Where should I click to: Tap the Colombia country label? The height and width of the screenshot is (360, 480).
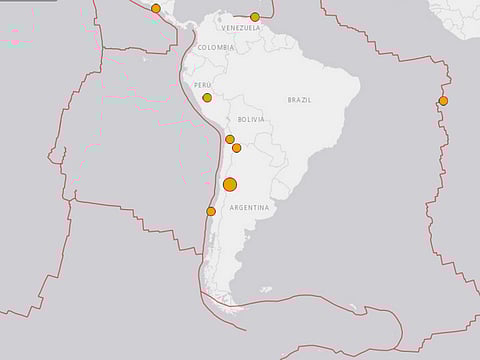point(217,47)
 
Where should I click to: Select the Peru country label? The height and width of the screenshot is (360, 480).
point(203,86)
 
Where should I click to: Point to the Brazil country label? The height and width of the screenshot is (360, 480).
point(299,100)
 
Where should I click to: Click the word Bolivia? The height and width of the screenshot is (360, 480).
point(251,119)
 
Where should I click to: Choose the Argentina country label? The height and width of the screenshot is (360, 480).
point(249,207)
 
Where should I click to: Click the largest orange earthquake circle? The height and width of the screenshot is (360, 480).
point(230,184)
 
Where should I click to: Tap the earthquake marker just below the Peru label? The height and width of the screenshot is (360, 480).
point(207,98)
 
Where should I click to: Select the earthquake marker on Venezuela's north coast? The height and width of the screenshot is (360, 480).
point(255,17)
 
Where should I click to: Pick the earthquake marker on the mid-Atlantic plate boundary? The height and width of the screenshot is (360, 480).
point(443,101)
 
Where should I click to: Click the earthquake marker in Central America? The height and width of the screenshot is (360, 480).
point(156,8)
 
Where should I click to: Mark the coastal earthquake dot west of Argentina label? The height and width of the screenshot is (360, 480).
point(211,211)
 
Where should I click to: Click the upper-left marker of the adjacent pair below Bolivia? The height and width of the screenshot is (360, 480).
point(230,140)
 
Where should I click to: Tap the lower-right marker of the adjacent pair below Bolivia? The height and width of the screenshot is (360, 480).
point(237,148)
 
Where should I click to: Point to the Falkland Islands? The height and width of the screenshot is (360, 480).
point(265,290)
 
